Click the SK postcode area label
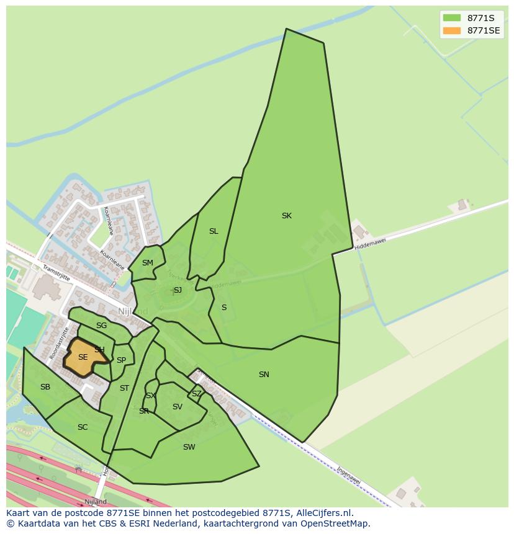pyautogui.click(x=286, y=216)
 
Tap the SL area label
pyautogui.click(x=214, y=231)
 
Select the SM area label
pyautogui.click(x=147, y=263)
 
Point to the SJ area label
pyautogui.click(x=178, y=290)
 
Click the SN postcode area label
pyautogui.click(x=264, y=375)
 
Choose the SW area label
pyautogui.click(x=189, y=447)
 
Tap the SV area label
pyautogui.click(x=178, y=407)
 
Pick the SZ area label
pyautogui.click(x=196, y=394)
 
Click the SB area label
pyautogui.click(x=45, y=387)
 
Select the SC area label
pyautogui.click(x=83, y=427)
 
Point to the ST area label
pyautogui.click(x=124, y=388)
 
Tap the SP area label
pyautogui.click(x=121, y=360)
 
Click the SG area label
pyautogui.click(x=101, y=326)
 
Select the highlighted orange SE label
pyautogui.click(x=83, y=357)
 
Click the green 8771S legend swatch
pyautogui.click(x=452, y=18)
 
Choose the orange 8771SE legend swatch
pyautogui.click(x=452, y=30)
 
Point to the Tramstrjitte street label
pyautogui.click(x=56, y=273)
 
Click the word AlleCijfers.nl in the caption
pyautogui.click(x=325, y=514)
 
